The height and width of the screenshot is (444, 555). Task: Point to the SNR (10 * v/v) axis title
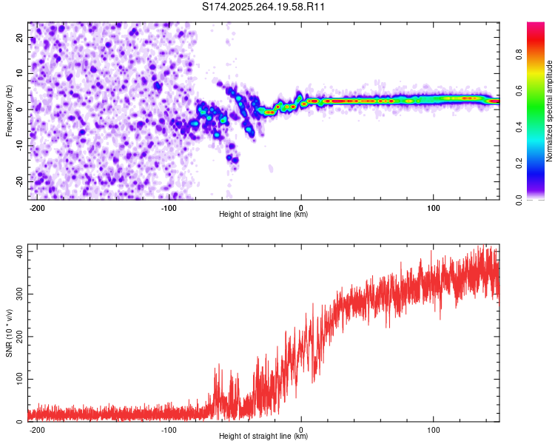pyautogui.click(x=9, y=333)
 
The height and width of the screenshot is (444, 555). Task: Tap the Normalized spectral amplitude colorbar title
pyautogui.click(x=550, y=111)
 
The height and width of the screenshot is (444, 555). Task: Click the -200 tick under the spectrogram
pyautogui.click(x=37, y=206)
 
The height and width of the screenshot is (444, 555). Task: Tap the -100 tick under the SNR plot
pyautogui.click(x=169, y=428)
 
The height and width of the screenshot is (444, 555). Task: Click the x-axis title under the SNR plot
pyautogui.click(x=263, y=437)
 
